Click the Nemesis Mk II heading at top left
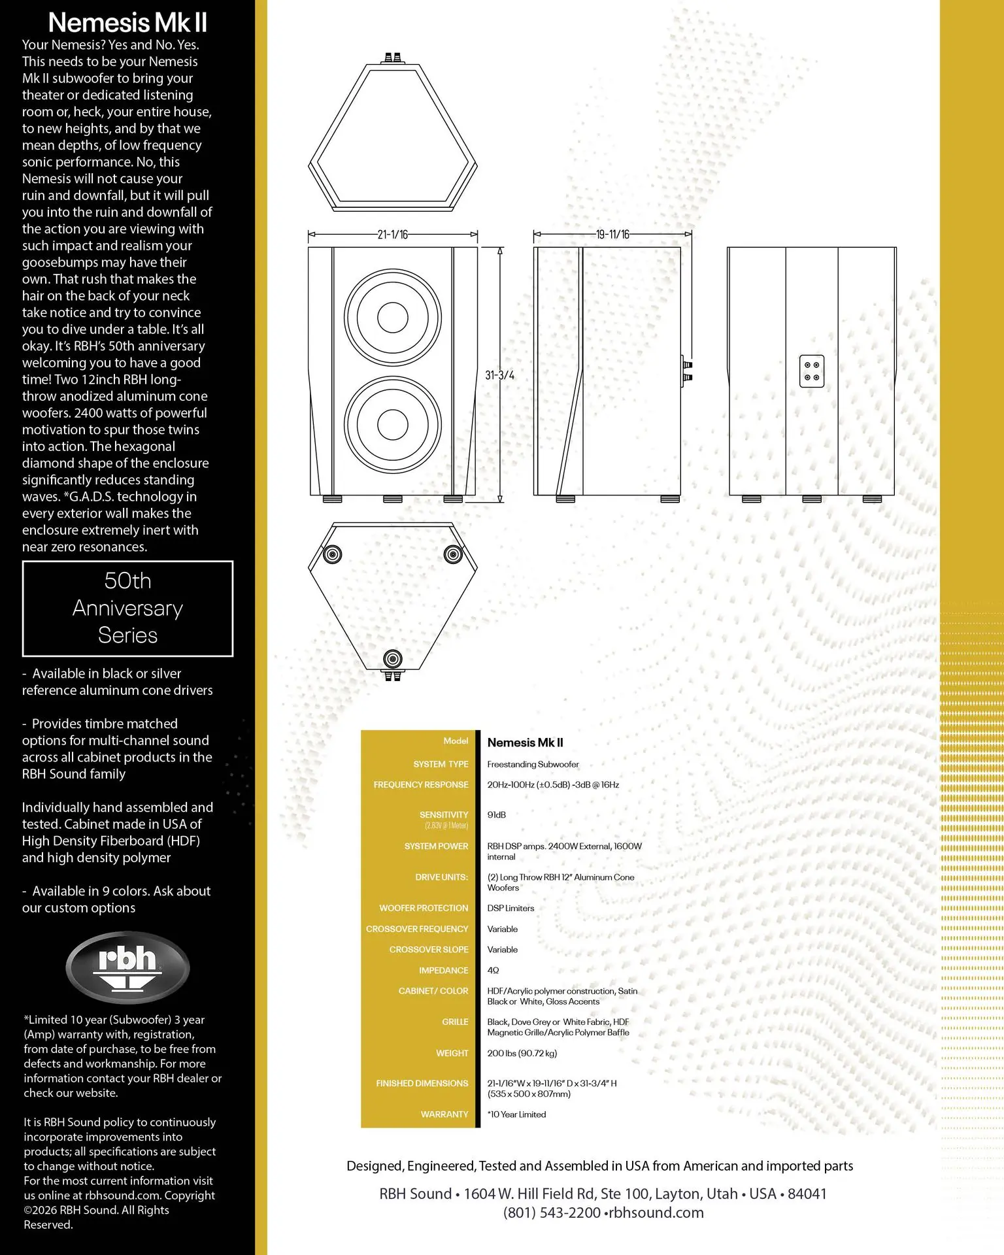[x=127, y=23]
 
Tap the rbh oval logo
[x=127, y=967]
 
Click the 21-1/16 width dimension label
[x=392, y=235]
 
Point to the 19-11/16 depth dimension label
[x=612, y=235]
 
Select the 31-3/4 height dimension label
[x=499, y=375]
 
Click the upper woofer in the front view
[x=393, y=318]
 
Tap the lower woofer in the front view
[x=393, y=424]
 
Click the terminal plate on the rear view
[x=812, y=371]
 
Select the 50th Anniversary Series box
[x=128, y=609]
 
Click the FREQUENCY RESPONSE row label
[x=421, y=784]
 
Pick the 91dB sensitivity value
[x=496, y=815]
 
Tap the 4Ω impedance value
[x=493, y=971]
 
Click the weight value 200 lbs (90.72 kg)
[x=522, y=1053]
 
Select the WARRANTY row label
[x=444, y=1114]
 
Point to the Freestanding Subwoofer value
[x=533, y=764]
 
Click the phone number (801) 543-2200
[x=552, y=1213]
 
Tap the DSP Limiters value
[x=510, y=909]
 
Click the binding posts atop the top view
[x=392, y=58]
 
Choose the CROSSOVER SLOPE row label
[x=429, y=950]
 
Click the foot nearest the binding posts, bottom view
[x=392, y=658]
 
